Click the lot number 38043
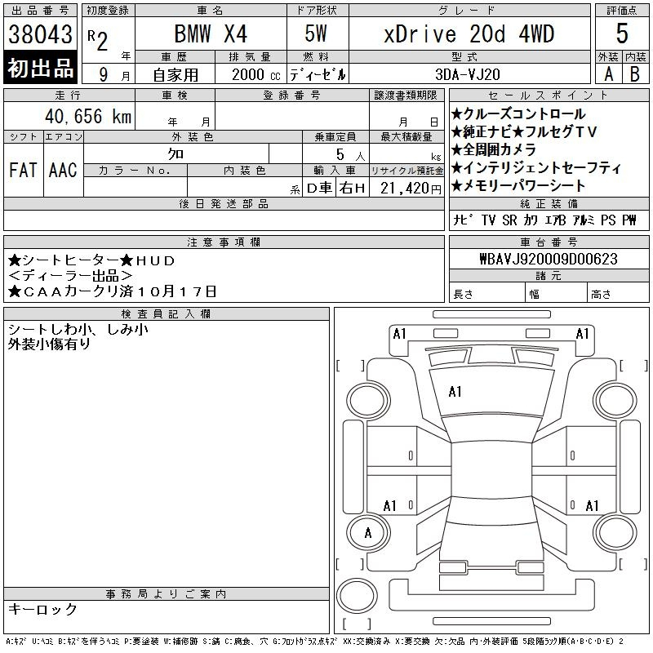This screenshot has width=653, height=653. [x=40, y=34]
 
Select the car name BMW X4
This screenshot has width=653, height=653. [x=211, y=33]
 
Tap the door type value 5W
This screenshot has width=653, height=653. [x=316, y=33]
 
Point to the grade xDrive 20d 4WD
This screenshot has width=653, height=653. [x=469, y=33]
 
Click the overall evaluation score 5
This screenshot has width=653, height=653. [x=622, y=33]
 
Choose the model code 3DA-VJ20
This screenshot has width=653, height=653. [x=467, y=74]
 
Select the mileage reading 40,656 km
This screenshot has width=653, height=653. [x=88, y=116]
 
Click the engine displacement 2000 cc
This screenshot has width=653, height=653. [x=255, y=74]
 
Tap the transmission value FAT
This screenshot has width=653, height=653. [x=23, y=170]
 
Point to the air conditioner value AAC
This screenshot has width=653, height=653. [x=63, y=170]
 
